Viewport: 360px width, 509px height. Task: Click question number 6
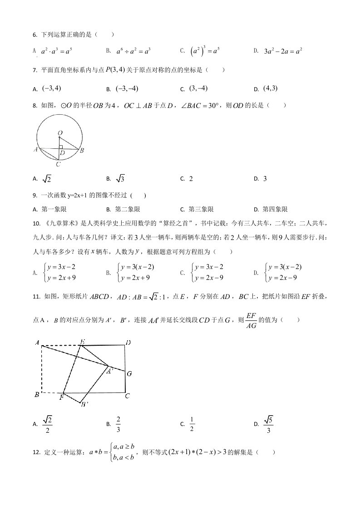pyautogui.click(x=35, y=34)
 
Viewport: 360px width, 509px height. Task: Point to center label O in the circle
pyautogui.click(x=60, y=133)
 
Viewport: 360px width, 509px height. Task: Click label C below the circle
pyautogui.click(x=58, y=164)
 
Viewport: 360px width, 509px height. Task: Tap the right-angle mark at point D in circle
pyautogui.click(x=60, y=147)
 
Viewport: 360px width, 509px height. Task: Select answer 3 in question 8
pyautogui.click(x=265, y=179)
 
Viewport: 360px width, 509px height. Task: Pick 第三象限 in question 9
pyautogui.click(x=200, y=209)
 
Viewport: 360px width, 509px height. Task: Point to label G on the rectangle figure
pyautogui.click(x=129, y=374)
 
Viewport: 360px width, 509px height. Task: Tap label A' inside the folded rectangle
pyautogui.click(x=109, y=371)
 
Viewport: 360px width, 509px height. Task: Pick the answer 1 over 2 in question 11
pyautogui.click(x=192, y=424)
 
